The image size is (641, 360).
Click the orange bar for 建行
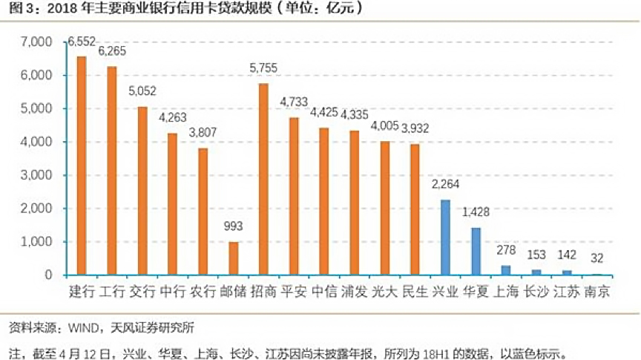pos(82,166)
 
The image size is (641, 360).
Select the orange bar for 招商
pos(263,179)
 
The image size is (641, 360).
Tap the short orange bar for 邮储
pos(233,258)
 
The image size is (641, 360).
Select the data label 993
pos(233,226)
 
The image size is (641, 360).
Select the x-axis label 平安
pos(294,292)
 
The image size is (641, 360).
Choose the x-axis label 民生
pos(415,292)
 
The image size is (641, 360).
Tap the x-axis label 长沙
pos(536,292)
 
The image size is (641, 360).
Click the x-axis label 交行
pos(142,292)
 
